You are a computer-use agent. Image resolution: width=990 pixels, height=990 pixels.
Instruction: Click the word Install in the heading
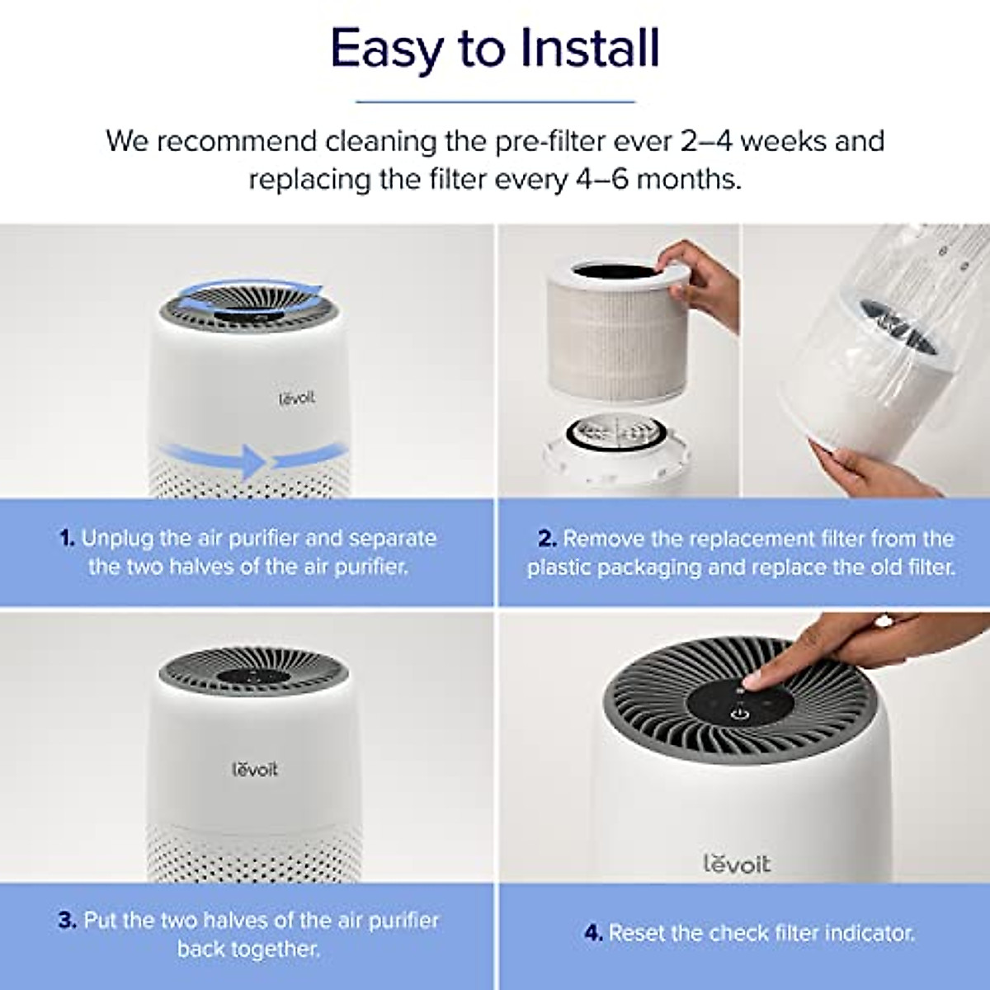click(x=590, y=49)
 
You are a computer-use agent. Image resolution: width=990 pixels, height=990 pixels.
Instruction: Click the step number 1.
click(x=67, y=539)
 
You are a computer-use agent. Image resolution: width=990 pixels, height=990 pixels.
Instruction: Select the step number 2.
click(x=547, y=540)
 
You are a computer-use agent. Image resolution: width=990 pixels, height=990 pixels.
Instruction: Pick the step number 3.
click(x=67, y=921)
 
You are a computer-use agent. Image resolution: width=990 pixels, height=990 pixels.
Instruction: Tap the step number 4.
click(x=593, y=933)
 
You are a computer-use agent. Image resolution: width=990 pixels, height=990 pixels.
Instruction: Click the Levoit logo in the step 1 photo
click(x=296, y=398)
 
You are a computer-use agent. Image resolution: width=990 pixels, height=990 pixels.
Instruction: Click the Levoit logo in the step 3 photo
click(x=255, y=770)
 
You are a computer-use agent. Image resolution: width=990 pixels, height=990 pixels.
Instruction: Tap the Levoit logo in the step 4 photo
click(x=737, y=864)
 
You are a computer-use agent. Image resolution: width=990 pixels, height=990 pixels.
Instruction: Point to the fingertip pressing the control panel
click(x=753, y=681)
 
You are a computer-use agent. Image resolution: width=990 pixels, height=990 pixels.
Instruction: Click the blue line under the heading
click(x=495, y=102)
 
